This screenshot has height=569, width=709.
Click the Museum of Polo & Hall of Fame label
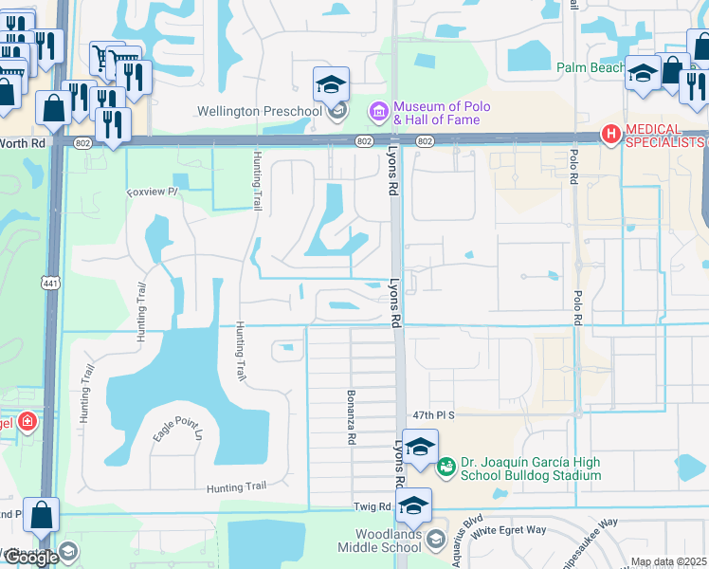tap(437, 113)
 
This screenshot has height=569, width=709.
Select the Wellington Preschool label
tap(259, 112)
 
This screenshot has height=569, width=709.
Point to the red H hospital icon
tap(611, 130)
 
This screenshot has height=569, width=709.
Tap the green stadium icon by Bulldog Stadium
tap(445, 466)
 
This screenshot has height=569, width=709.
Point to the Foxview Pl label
tap(152, 192)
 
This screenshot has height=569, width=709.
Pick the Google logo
tap(31, 558)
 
